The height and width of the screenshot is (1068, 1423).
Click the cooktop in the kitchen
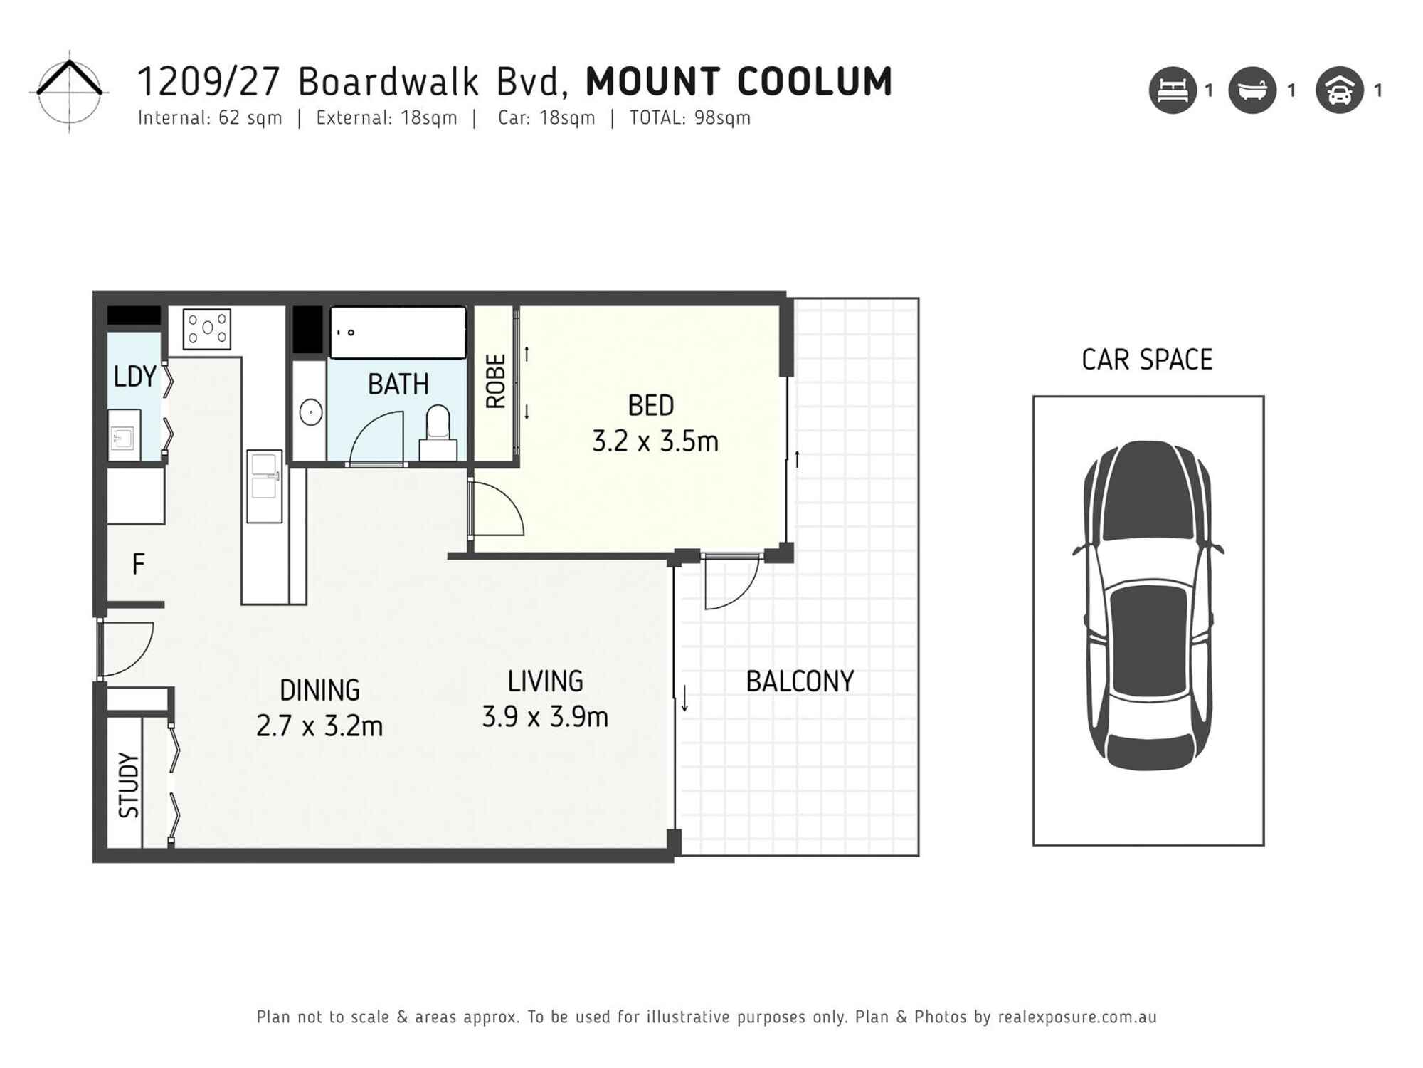(x=207, y=328)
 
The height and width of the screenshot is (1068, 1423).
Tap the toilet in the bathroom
(x=438, y=431)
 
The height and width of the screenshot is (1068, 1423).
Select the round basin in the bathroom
(x=310, y=412)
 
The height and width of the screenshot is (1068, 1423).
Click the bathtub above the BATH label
(x=398, y=333)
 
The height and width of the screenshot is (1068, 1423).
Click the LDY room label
(x=134, y=376)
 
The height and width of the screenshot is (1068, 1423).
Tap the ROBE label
(x=495, y=381)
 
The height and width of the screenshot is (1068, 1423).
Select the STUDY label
(x=128, y=785)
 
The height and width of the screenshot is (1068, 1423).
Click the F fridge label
(x=138, y=565)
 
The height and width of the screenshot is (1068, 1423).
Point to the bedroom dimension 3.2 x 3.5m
(x=655, y=441)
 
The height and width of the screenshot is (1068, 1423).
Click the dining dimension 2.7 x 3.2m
(x=319, y=726)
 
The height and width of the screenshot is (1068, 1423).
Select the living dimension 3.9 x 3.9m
(x=545, y=717)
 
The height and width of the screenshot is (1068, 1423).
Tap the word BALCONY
(x=799, y=681)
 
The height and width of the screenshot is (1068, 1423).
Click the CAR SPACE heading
(x=1146, y=360)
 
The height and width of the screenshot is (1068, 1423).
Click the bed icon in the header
(x=1173, y=90)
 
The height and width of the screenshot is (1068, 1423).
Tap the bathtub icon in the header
(x=1252, y=90)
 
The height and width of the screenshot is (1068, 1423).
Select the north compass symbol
(x=69, y=91)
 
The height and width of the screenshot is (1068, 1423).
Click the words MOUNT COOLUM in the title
(x=739, y=81)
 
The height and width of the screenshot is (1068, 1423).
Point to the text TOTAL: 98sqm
(x=689, y=118)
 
